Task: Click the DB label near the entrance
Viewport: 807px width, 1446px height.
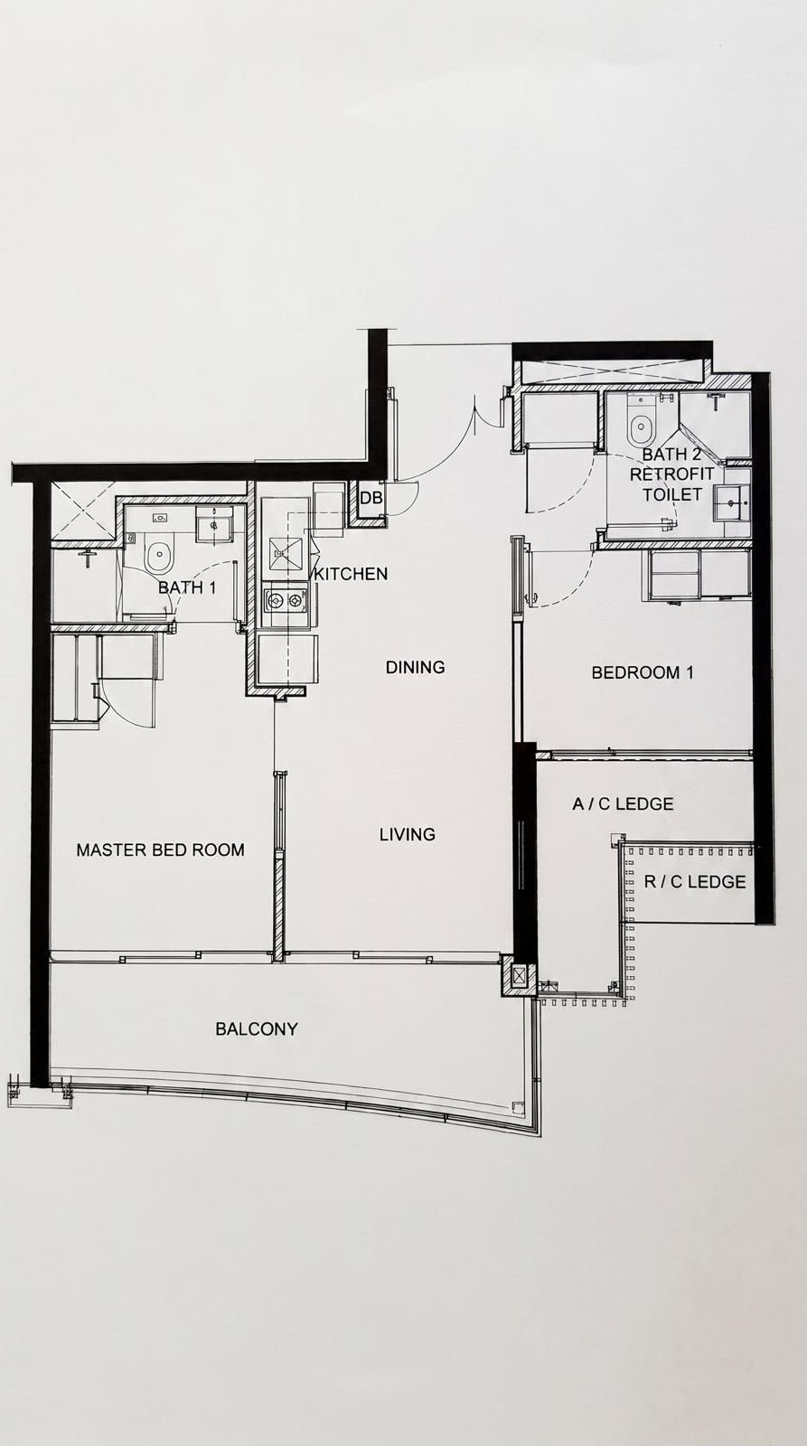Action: point(371,498)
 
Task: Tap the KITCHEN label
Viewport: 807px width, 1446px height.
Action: point(351,573)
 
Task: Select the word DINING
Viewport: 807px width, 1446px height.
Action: point(415,667)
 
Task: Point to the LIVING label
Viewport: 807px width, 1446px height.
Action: point(408,835)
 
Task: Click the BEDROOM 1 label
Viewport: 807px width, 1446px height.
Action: point(643,672)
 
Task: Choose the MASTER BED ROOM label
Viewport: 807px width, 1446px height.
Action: point(160,850)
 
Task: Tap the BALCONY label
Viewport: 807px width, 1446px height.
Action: point(257,1028)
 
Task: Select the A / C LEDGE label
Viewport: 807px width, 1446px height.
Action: point(623,803)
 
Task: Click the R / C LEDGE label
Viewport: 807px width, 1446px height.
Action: point(695,882)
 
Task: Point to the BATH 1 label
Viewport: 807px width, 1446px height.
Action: point(187,587)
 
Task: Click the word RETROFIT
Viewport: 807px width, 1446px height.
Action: point(672,474)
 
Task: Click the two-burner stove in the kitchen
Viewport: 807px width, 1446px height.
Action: point(285,602)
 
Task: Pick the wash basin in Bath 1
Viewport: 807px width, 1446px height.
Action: point(212,524)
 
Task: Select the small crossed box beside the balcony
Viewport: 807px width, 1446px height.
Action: point(519,975)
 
